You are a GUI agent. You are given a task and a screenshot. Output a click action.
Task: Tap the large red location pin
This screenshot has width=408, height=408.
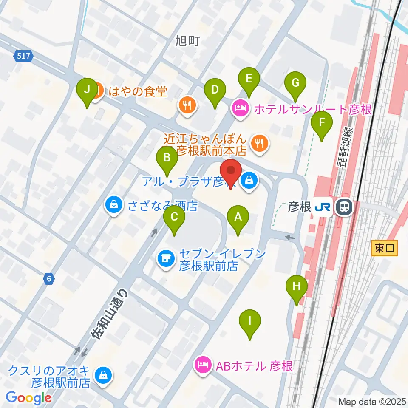(x=231, y=172)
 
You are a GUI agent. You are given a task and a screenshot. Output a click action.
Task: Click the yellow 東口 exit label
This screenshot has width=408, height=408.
(x=385, y=248)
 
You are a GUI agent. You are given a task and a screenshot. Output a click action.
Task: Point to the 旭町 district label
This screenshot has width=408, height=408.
(x=187, y=41)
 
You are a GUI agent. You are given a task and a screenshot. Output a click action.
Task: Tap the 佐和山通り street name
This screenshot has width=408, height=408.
(x=109, y=315)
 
